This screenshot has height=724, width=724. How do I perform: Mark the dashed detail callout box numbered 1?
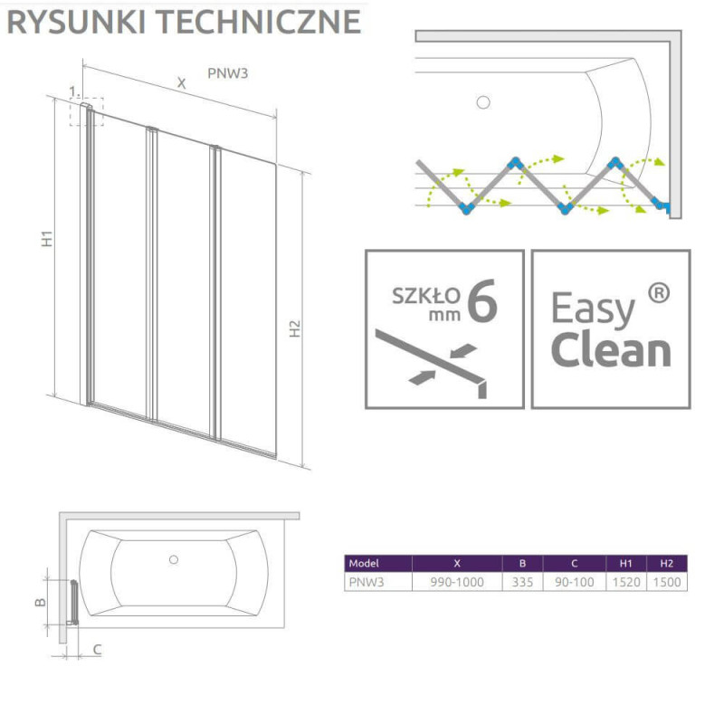click(x=87, y=111)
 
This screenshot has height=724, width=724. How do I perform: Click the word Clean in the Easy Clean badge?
click(x=611, y=350)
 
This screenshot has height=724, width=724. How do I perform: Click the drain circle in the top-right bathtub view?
click(x=482, y=102)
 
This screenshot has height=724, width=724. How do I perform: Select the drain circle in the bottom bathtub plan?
click(x=175, y=559)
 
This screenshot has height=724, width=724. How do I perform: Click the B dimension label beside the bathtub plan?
click(x=41, y=601)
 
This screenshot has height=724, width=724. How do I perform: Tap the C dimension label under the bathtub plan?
click(x=97, y=648)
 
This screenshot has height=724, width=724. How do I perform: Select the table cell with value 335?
click(x=522, y=582)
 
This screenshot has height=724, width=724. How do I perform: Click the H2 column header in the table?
click(x=668, y=563)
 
